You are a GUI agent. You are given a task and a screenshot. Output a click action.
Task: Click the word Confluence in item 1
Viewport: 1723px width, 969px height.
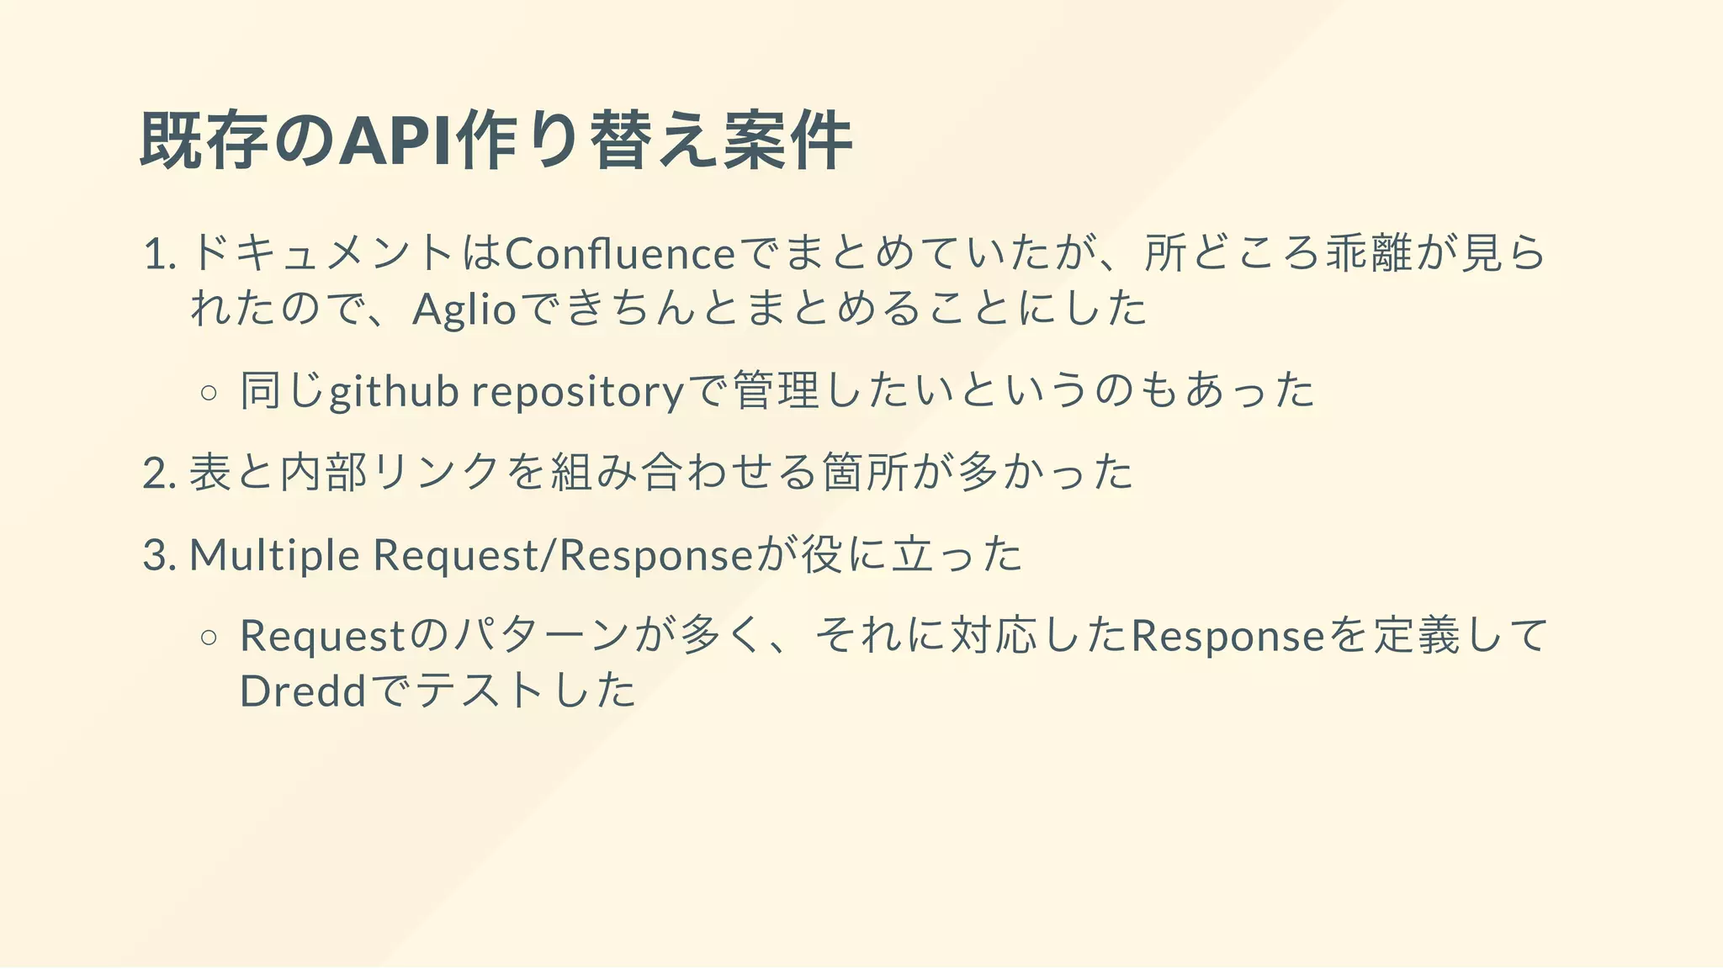620,253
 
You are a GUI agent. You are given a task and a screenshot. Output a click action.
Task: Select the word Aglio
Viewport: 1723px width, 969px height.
464,309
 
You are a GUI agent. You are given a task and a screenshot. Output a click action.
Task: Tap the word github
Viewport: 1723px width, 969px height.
394,392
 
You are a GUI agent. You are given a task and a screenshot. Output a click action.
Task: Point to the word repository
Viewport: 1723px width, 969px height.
578,392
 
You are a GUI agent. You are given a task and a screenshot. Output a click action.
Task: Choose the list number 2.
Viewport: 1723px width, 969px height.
159,473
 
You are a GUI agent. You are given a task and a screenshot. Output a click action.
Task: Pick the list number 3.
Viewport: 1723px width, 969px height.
159,555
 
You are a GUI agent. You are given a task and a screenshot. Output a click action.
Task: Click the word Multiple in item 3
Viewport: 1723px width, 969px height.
274,555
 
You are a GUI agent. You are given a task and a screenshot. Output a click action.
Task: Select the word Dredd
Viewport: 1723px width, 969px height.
303,691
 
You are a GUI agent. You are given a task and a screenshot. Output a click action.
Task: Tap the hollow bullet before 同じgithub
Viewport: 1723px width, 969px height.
209,392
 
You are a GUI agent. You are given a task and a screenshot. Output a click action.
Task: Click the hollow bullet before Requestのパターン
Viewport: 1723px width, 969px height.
209,637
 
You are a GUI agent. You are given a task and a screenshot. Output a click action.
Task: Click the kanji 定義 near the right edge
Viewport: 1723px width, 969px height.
1417,636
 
